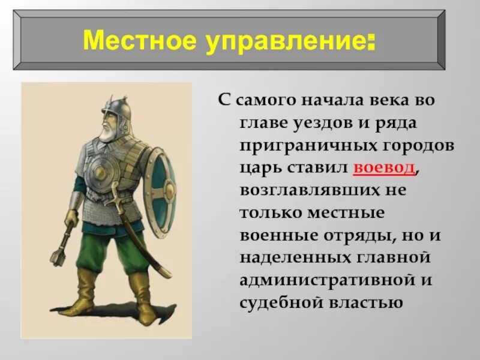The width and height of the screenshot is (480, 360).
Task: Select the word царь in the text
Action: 259,168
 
